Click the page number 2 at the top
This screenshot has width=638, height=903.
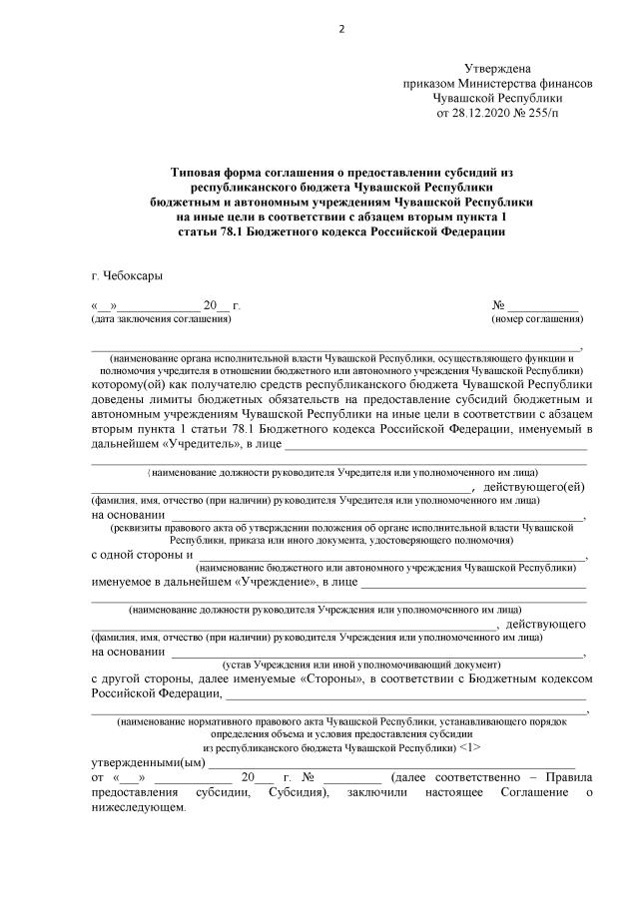340,28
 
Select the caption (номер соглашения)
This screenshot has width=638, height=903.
537,319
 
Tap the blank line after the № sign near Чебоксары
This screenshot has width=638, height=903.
543,306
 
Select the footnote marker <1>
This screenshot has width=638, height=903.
472,746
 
